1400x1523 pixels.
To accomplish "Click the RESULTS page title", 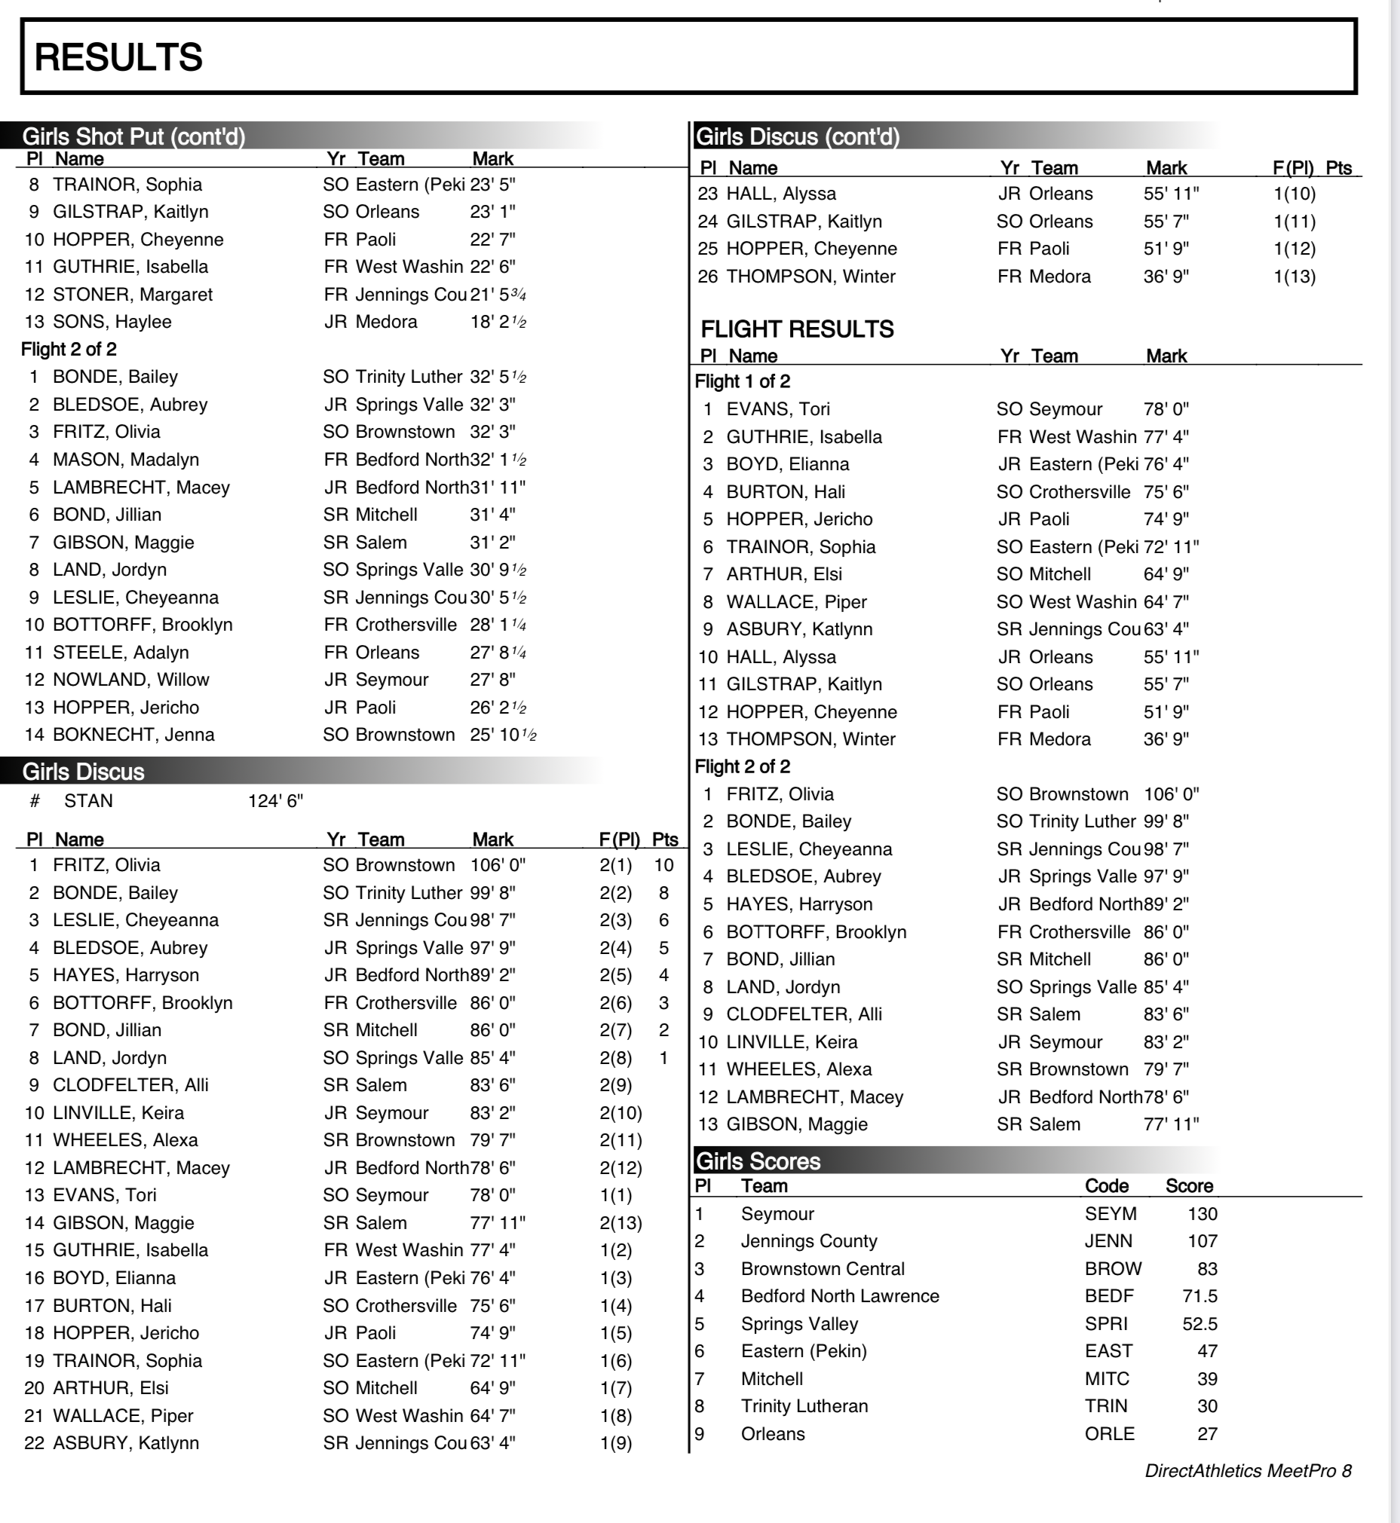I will [x=119, y=57].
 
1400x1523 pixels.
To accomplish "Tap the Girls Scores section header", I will [x=758, y=1161].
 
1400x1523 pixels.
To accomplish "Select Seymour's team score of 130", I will [x=1202, y=1214].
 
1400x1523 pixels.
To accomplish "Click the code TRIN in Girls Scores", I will [x=1106, y=1406].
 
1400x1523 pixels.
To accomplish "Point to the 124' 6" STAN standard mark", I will [x=275, y=801].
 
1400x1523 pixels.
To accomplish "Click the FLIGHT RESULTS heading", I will [x=797, y=329].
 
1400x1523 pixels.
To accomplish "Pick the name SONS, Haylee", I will [x=112, y=322].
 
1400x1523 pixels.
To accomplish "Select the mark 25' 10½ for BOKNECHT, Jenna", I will [x=503, y=735].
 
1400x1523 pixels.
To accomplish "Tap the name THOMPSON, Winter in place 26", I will [x=810, y=277].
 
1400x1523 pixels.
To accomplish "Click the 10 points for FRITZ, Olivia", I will [x=663, y=865].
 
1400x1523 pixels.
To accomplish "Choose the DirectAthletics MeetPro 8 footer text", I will [x=1248, y=1471].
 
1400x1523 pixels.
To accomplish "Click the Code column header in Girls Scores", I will [x=1106, y=1186].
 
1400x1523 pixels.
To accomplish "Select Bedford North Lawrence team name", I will [x=839, y=1296].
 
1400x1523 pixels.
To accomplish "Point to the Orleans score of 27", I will [x=1207, y=1433].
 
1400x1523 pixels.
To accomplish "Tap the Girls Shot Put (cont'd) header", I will [x=133, y=136].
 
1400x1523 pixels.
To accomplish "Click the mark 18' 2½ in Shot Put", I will [x=498, y=322].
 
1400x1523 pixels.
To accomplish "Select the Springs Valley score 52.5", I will [x=1200, y=1324].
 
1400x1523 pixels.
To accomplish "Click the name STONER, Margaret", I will [x=133, y=295].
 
